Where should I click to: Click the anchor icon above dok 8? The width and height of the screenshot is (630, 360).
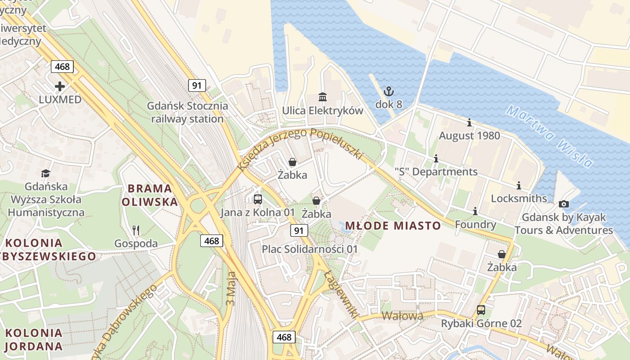(x=388, y=91)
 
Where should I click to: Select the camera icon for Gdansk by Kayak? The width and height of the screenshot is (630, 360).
(x=563, y=204)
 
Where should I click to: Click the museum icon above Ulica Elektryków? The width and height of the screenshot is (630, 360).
(x=322, y=97)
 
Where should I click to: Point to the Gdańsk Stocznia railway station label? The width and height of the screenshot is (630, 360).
(x=187, y=112)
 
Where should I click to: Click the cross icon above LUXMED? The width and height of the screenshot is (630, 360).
(x=59, y=86)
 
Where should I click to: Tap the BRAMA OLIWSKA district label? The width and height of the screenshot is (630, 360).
(x=150, y=195)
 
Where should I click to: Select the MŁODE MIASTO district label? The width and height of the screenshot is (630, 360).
(x=392, y=225)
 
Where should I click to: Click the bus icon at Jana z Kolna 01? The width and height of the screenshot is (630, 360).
(x=258, y=199)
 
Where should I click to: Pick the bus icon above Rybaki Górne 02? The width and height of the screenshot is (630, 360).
(x=481, y=310)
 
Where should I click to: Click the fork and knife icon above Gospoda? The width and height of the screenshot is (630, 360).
(x=136, y=230)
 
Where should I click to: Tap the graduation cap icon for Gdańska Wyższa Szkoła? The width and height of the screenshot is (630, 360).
(x=46, y=173)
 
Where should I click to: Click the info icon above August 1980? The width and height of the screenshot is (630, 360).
(x=469, y=122)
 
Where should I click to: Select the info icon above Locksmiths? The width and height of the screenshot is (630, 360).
(x=518, y=185)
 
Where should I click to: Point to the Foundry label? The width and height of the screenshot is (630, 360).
(x=475, y=224)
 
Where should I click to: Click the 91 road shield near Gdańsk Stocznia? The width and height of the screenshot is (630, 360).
(x=197, y=85)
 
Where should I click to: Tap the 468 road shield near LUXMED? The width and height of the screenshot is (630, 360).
(x=62, y=67)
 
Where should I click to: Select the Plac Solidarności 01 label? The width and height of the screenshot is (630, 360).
(x=310, y=249)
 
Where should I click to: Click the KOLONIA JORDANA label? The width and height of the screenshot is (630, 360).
(x=34, y=339)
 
